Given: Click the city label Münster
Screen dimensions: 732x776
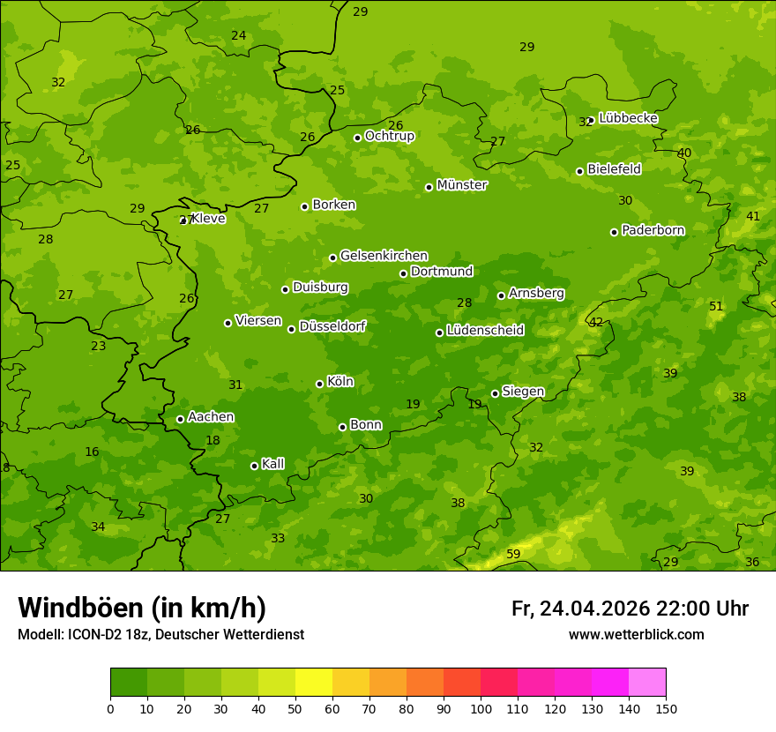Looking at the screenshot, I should click(x=461, y=185).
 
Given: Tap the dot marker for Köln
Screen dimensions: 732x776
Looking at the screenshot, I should click(x=319, y=384).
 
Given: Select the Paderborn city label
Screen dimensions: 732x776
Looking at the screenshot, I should click(x=653, y=230).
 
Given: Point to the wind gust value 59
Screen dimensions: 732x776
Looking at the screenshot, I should click(x=513, y=555).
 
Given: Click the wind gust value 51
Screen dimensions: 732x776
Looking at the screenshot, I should click(x=716, y=306).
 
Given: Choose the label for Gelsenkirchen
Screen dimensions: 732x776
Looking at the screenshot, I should click(x=384, y=256).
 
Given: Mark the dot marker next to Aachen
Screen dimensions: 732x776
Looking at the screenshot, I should click(x=180, y=419).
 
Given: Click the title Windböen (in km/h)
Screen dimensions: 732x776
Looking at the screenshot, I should click(x=142, y=608).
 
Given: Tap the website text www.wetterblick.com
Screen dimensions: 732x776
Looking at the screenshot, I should click(x=636, y=634).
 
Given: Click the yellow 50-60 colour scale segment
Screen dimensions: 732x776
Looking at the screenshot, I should click(x=314, y=683).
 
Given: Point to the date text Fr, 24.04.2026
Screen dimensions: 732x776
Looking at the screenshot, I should click(x=580, y=609).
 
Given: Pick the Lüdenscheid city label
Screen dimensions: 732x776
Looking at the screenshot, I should click(x=485, y=331).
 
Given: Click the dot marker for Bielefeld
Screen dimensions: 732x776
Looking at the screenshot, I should click(x=579, y=171).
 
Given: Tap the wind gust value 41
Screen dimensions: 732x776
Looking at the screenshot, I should click(x=753, y=216).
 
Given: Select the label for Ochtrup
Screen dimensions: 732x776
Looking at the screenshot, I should click(x=389, y=136).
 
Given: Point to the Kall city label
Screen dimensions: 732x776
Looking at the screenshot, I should click(x=272, y=464).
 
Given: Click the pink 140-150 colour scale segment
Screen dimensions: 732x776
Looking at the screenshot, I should click(x=647, y=683).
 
